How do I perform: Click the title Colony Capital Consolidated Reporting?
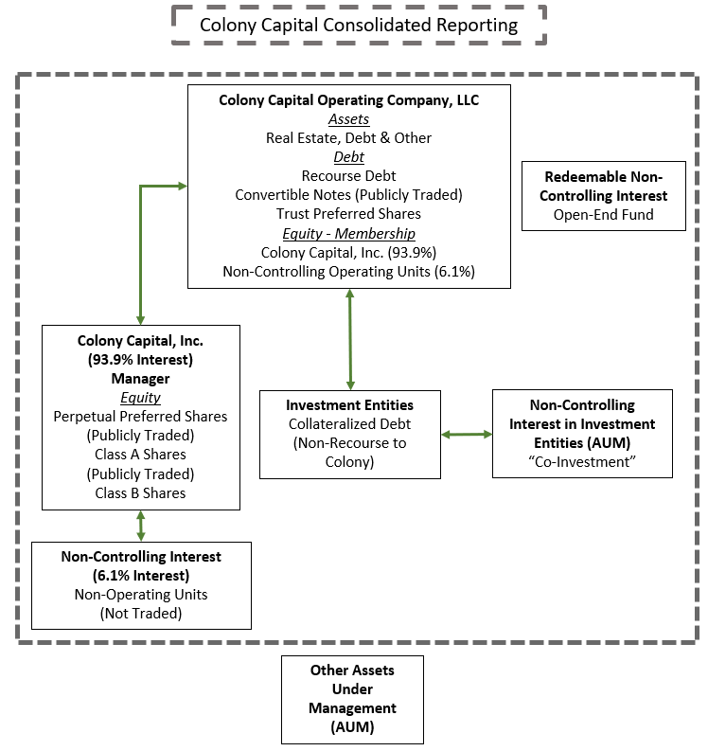click(359, 25)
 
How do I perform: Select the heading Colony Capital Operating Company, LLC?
click(348, 99)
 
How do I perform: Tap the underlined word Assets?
click(348, 119)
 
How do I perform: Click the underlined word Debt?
click(348, 157)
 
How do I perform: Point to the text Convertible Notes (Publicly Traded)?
click(348, 195)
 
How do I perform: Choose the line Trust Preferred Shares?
click(348, 214)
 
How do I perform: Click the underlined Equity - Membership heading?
click(348, 233)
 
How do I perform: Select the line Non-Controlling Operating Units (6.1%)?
click(348, 271)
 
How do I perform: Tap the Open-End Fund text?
click(604, 214)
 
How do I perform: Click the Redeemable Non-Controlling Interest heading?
click(604, 186)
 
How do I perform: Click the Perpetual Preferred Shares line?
click(141, 416)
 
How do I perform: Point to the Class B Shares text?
click(141, 492)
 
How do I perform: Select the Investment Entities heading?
click(349, 405)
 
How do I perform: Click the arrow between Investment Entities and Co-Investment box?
click(467, 435)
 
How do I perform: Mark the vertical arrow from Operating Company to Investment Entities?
click(351, 338)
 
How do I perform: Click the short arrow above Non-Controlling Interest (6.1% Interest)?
click(141, 526)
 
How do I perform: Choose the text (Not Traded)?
click(141, 613)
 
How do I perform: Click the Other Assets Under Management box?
click(352, 698)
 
